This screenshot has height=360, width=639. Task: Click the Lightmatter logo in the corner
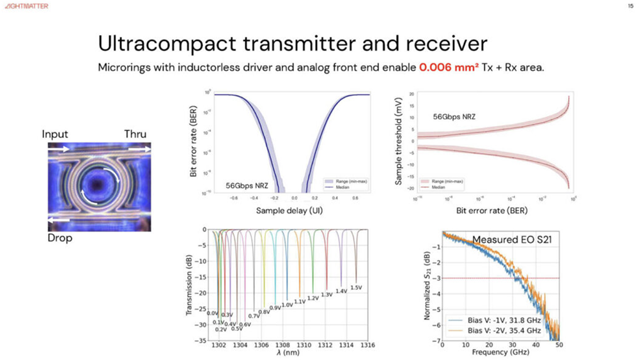click(25, 6)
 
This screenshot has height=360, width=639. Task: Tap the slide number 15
click(631, 6)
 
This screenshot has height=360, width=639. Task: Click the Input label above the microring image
click(55, 134)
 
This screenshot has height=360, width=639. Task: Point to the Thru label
click(135, 134)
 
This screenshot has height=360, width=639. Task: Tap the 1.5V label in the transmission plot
click(357, 286)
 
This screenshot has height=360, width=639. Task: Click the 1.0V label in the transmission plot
click(288, 304)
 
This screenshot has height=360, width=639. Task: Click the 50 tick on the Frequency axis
click(559, 345)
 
